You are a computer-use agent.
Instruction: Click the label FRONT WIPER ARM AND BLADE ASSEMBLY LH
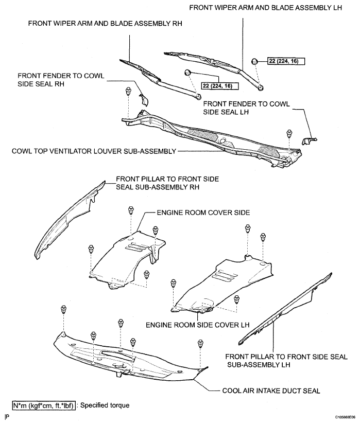(265, 8)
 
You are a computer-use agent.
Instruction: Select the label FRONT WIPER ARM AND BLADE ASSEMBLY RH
(105, 24)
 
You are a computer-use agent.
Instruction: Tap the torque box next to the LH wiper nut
(286, 61)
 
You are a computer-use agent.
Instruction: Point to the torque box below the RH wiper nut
(220, 86)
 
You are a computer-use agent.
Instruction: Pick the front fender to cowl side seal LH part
(309, 140)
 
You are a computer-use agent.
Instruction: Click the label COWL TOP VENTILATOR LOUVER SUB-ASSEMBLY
(94, 151)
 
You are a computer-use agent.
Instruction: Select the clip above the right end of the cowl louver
(289, 133)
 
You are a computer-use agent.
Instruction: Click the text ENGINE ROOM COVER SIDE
(203, 213)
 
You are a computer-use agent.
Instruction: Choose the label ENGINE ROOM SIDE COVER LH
(197, 325)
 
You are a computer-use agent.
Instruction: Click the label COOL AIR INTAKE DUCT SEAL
(271, 391)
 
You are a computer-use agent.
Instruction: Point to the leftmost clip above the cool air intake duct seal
(63, 309)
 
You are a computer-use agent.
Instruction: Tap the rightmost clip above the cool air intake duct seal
(200, 343)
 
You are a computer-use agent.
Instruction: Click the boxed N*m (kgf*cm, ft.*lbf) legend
(44, 405)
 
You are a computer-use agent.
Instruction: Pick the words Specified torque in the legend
(105, 405)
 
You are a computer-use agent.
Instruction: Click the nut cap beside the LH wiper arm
(254, 61)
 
